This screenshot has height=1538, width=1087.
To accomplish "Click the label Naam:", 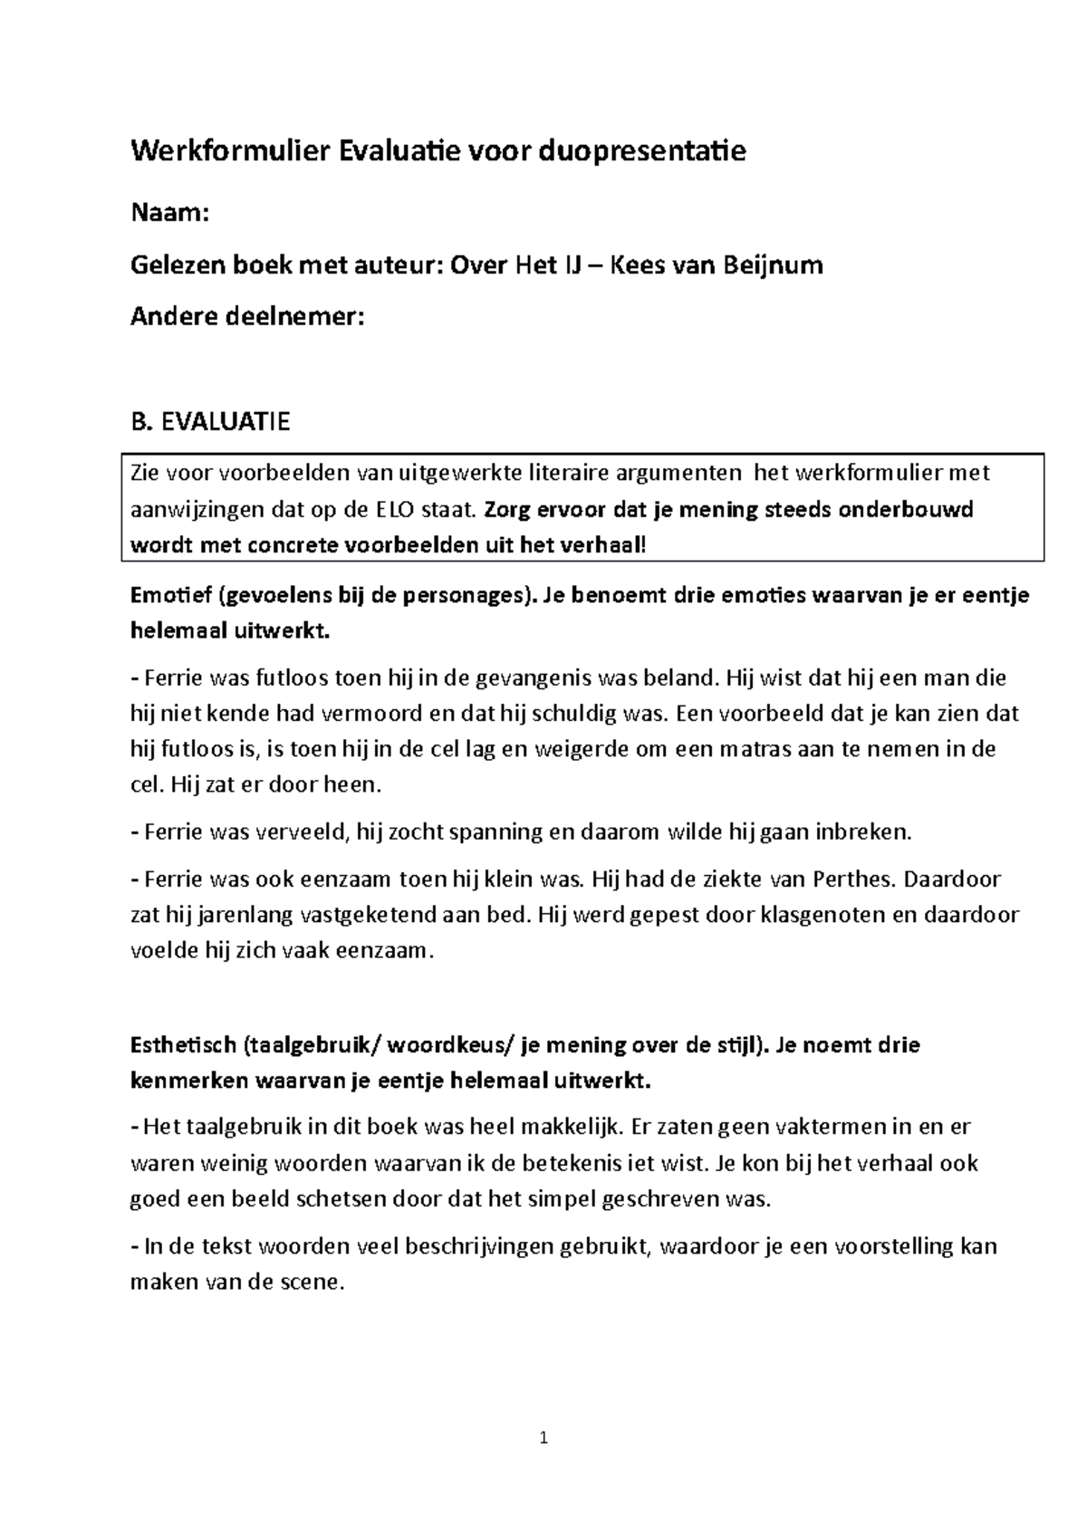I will (x=170, y=214).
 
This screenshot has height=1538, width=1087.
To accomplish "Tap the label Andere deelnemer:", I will (x=247, y=317).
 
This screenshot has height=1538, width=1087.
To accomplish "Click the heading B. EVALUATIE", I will (x=210, y=422).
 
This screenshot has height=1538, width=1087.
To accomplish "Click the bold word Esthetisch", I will (x=182, y=1045).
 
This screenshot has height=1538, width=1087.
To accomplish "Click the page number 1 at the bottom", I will (x=543, y=1437).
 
